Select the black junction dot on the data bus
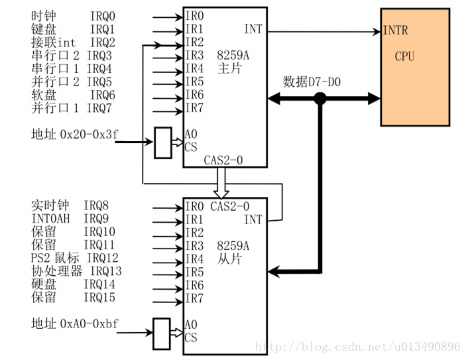(x=320, y=99)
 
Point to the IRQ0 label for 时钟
(x=102, y=15)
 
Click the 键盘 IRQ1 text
(x=73, y=29)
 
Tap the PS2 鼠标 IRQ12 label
(x=74, y=258)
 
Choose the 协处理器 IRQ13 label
(x=76, y=271)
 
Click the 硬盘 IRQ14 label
(x=73, y=284)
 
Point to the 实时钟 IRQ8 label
(x=73, y=206)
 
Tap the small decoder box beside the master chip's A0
(x=162, y=143)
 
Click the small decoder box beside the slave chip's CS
(x=162, y=333)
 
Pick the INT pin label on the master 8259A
(x=253, y=29)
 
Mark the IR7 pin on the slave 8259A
(x=194, y=298)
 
